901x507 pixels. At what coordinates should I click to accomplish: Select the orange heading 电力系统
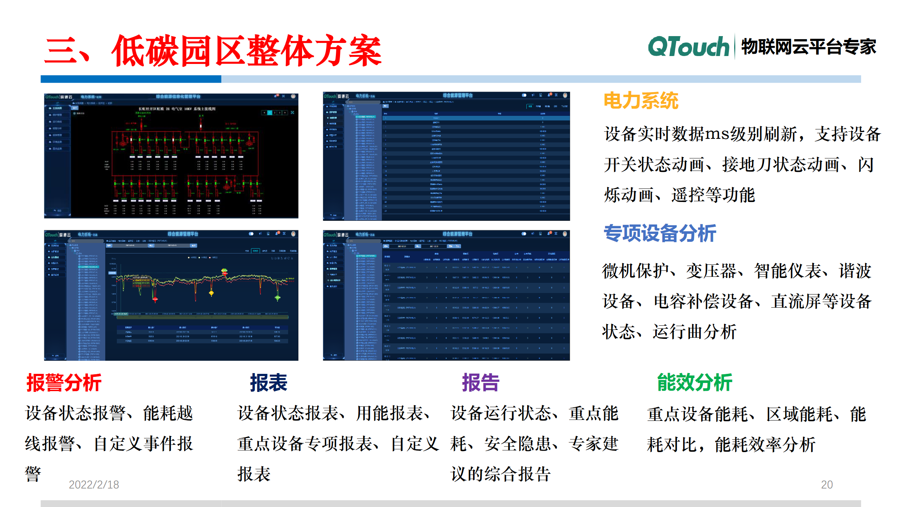[641, 101]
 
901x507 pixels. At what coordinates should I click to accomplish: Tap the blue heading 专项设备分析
[660, 233]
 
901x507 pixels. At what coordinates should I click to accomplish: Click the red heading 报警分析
[64, 383]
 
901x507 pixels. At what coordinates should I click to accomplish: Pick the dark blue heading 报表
[269, 383]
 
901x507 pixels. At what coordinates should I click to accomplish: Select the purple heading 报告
[481, 383]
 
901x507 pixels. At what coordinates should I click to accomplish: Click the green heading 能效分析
[694, 383]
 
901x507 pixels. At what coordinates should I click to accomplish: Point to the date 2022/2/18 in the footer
[94, 484]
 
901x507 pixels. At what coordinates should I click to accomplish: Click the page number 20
[827, 484]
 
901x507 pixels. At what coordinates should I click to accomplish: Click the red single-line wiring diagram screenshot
[171, 155]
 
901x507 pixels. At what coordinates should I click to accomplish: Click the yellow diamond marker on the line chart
[211, 293]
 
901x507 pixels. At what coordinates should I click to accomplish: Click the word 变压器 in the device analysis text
[711, 271]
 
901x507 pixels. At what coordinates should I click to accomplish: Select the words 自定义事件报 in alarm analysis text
[143, 444]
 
